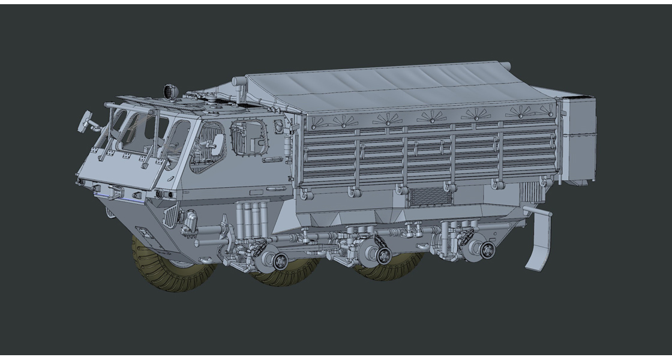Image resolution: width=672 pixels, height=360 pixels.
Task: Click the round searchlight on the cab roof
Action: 170,91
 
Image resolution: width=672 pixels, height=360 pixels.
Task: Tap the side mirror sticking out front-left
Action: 85,119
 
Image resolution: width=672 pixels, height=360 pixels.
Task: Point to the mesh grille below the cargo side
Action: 427,196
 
